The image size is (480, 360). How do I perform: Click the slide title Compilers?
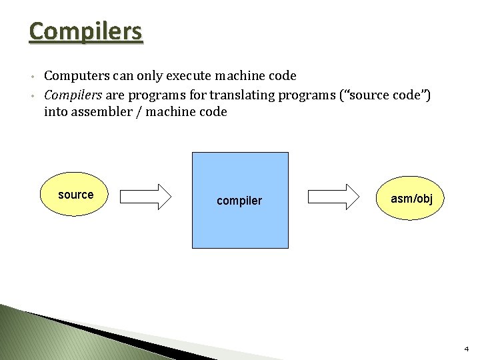[x=85, y=31]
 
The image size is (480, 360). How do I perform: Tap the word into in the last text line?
[x=55, y=112]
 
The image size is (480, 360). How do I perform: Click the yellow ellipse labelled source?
[x=75, y=195]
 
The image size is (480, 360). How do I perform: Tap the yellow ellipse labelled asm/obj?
[x=411, y=199]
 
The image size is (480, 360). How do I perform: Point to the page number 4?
[x=466, y=349]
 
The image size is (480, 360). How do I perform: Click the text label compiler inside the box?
[x=239, y=201]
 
